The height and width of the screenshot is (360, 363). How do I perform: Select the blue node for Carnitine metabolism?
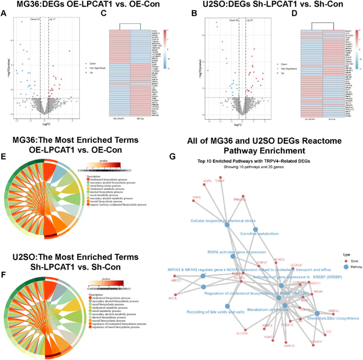(x=255, y=229)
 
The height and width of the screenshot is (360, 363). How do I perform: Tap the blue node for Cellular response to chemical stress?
(x=227, y=225)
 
